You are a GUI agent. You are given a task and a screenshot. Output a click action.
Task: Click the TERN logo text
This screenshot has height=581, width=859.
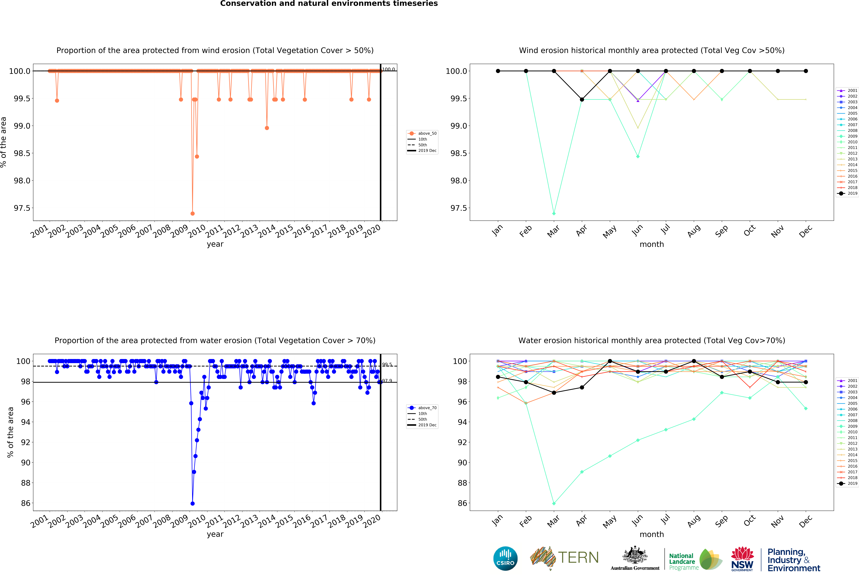click(578, 557)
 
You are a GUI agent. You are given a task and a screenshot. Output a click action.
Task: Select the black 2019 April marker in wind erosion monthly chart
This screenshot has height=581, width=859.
click(582, 99)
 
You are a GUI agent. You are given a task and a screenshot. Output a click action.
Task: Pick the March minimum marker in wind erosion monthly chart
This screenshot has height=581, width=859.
click(554, 213)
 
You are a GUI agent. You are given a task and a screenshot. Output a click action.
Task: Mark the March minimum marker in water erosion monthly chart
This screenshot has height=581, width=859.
click(554, 503)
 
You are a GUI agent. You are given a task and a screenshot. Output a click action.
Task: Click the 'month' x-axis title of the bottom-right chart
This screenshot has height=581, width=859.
click(652, 534)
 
